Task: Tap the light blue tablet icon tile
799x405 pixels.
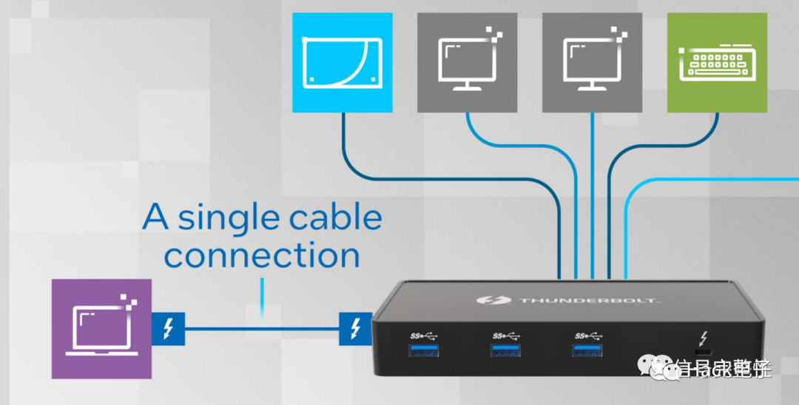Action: (342, 62)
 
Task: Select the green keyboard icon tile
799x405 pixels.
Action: (717, 62)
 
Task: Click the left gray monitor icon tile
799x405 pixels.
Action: (467, 62)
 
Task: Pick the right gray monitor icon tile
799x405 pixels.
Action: (592, 62)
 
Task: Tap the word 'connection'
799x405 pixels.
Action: (262, 255)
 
